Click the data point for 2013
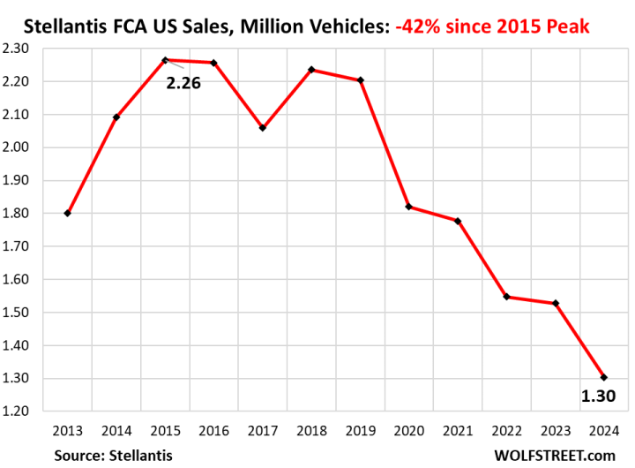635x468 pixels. point(68,213)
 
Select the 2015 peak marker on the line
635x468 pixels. point(165,60)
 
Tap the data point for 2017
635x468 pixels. point(263,128)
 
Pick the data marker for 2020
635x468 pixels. point(408,207)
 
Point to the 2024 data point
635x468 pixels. point(603,377)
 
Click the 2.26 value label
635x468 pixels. point(184,85)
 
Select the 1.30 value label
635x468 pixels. point(597,396)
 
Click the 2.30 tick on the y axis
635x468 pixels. point(29,49)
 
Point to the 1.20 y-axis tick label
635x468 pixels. point(29,411)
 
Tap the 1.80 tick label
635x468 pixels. point(29,214)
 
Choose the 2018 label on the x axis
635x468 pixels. point(311,432)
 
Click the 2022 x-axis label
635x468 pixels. point(506,432)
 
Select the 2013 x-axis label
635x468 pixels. point(68,432)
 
